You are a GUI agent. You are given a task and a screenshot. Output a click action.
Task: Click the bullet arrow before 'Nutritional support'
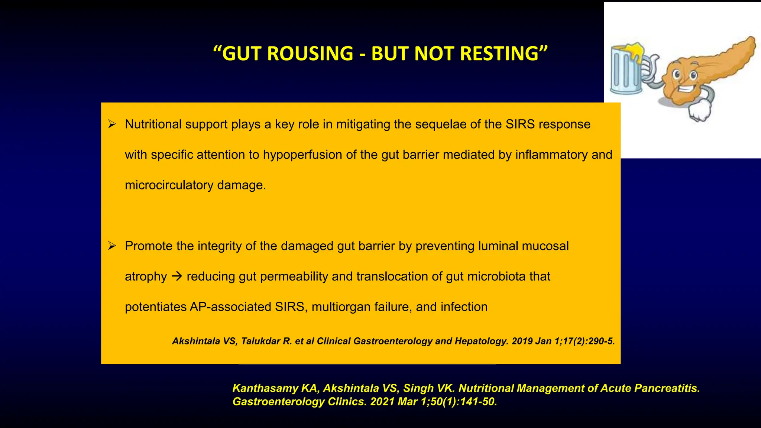tap(112, 124)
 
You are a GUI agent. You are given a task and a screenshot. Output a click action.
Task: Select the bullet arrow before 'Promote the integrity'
tap(112, 246)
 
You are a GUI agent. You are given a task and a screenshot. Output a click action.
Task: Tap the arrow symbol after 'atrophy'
tap(177, 276)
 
